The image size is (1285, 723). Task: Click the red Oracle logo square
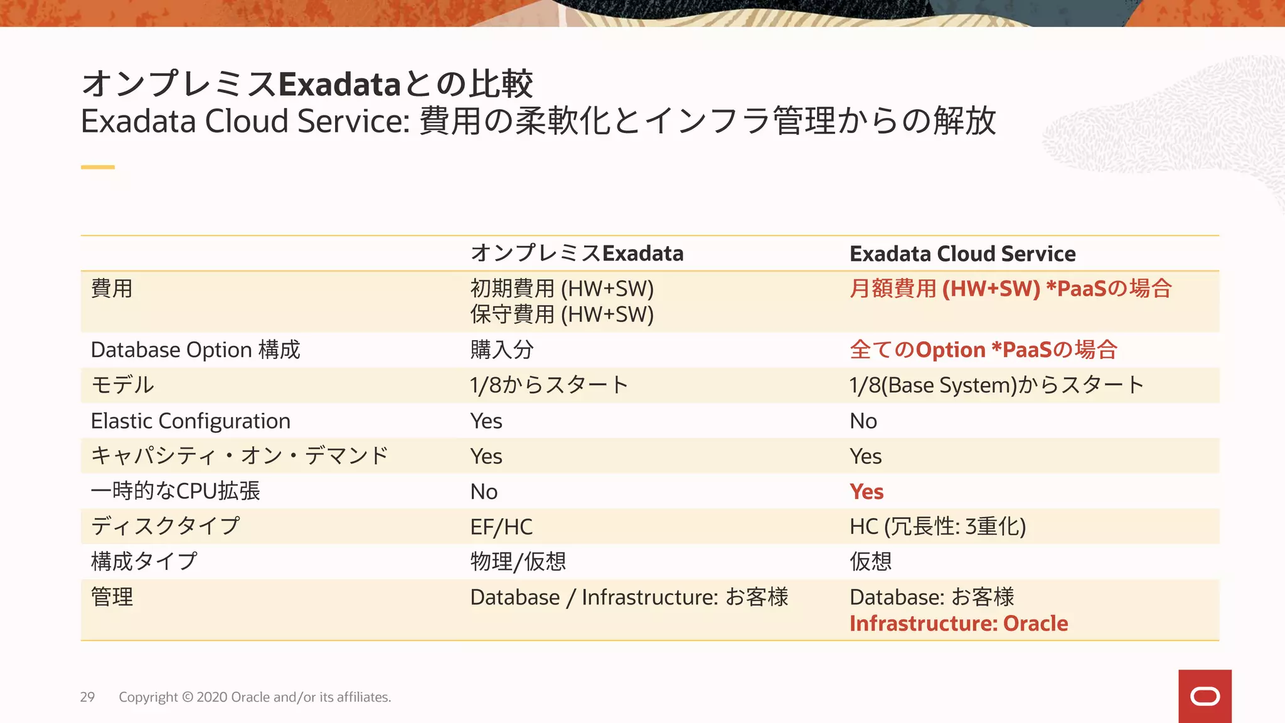coord(1205,696)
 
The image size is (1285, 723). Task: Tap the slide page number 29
coord(87,697)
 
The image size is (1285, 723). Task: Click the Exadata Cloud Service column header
coord(962,254)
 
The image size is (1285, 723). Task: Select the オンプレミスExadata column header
coord(577,254)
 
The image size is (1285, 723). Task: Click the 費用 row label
coord(112,289)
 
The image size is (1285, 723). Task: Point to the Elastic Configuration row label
coord(191,420)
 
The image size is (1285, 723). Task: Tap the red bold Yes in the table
coord(866,491)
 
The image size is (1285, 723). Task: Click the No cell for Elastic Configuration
coord(863,420)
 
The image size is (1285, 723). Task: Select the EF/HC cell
coord(501,527)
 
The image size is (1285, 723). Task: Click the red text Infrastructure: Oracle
coord(959,623)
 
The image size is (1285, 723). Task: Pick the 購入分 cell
coord(502,350)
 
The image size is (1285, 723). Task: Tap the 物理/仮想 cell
coord(518,561)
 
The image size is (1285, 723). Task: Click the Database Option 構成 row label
coord(196,350)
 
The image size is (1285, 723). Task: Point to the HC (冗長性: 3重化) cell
coord(937,527)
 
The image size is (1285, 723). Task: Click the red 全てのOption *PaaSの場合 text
coord(983,350)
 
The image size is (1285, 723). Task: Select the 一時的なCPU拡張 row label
coord(176,491)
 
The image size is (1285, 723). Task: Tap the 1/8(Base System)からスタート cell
coord(996,385)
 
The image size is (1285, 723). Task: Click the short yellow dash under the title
coord(98,167)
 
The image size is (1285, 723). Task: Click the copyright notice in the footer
coord(255,697)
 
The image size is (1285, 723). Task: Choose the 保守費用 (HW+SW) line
coord(562,314)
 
